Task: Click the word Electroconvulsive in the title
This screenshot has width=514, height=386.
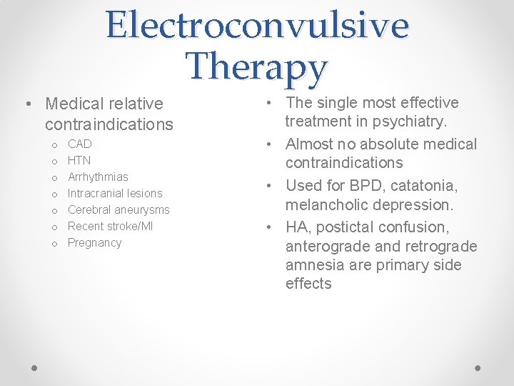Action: [257, 25]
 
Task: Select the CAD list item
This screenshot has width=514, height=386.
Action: [79, 144]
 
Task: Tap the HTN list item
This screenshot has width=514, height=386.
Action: [79, 160]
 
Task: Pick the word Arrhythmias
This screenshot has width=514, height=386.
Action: [98, 177]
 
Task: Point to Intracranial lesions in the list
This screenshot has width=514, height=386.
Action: [115, 193]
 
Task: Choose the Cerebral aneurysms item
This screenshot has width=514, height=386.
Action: [119, 209]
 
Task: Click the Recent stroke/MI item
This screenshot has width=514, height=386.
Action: [110, 226]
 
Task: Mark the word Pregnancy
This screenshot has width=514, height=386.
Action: [94, 242]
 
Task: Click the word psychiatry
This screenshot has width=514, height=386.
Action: [410, 122]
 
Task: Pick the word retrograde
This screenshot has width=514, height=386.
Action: [443, 246]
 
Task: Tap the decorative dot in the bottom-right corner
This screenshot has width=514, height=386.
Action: [478, 367]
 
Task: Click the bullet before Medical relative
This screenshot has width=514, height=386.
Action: [26, 104]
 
